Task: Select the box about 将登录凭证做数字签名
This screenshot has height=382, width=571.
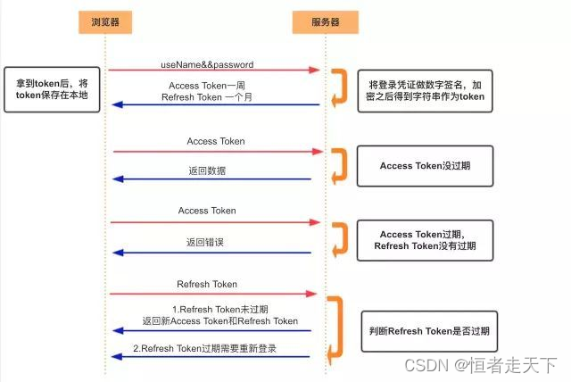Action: coord(426,90)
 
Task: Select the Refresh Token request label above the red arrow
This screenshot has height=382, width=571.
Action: coord(207,285)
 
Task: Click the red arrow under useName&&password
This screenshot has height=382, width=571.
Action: coord(214,70)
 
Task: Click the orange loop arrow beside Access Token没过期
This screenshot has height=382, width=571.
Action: coord(338,165)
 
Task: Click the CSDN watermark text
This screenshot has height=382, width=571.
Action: coord(480,365)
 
